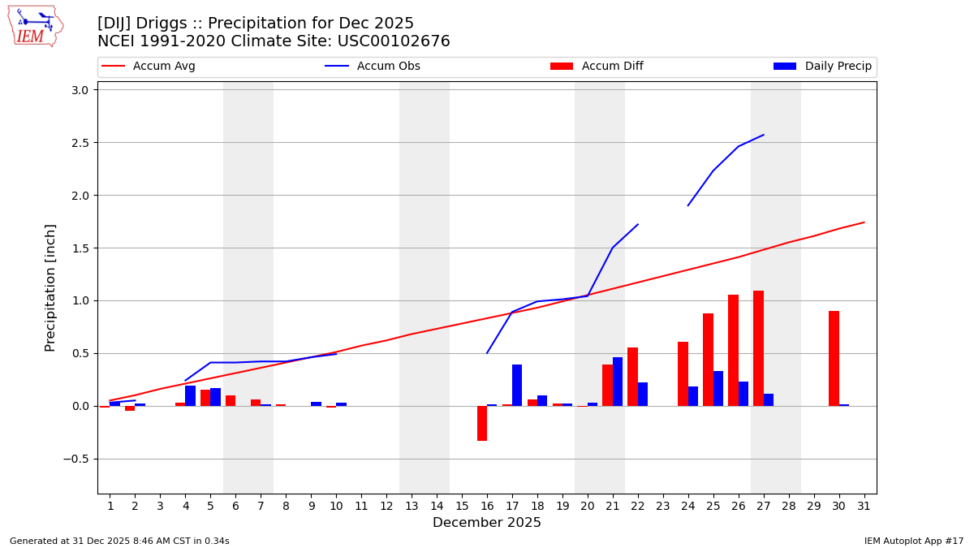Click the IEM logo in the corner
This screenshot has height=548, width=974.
(35, 26)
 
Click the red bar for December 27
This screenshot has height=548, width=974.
(758, 348)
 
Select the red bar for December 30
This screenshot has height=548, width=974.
(834, 358)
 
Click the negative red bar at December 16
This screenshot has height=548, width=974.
(482, 423)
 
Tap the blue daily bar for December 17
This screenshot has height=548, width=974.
(517, 385)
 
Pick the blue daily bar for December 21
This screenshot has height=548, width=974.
(618, 382)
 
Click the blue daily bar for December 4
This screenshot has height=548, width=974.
(190, 395)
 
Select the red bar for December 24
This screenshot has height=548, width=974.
(683, 373)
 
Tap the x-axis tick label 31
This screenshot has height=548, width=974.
(864, 506)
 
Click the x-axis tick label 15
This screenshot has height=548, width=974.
(462, 506)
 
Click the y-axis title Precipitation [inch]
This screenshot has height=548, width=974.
(50, 287)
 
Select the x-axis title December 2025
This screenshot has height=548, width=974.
(486, 523)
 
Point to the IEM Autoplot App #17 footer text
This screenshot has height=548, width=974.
(914, 541)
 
